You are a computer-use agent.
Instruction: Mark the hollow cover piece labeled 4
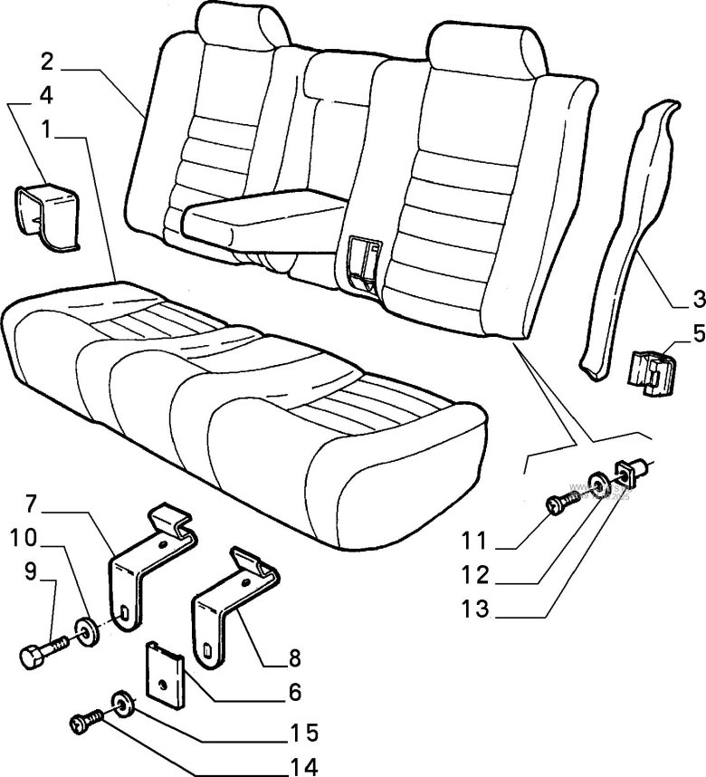[x=45, y=214]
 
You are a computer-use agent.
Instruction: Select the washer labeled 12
[x=598, y=482]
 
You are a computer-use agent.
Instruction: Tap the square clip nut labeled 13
[x=629, y=470]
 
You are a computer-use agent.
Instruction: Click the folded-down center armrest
[x=258, y=217]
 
